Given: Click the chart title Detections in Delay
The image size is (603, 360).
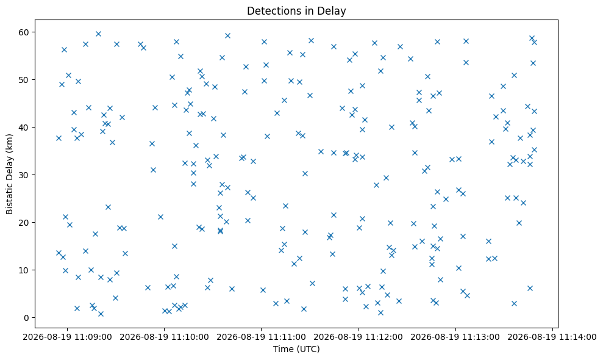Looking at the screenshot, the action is click(296, 11).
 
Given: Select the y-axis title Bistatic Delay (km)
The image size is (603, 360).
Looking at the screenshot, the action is click(10, 174).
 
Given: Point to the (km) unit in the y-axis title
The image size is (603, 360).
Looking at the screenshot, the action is click(10, 143).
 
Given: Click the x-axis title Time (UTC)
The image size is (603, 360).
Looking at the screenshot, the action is click(296, 349).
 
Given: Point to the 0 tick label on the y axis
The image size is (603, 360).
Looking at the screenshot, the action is click(27, 318).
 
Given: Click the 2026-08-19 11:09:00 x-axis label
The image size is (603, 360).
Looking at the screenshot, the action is click(67, 337).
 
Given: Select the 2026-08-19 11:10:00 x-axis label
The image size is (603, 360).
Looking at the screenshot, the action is click(164, 337).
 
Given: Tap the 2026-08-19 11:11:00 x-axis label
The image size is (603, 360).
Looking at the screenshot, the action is click(262, 337).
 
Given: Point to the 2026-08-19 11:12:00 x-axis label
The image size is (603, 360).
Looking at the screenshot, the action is click(359, 337).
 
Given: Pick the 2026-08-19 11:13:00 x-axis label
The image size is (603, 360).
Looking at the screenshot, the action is click(455, 337).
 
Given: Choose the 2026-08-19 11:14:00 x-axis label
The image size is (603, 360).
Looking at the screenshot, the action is click(552, 337).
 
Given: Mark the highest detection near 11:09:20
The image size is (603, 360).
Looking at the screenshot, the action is click(98, 34).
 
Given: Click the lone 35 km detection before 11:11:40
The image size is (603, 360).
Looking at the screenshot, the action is click(321, 152).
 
